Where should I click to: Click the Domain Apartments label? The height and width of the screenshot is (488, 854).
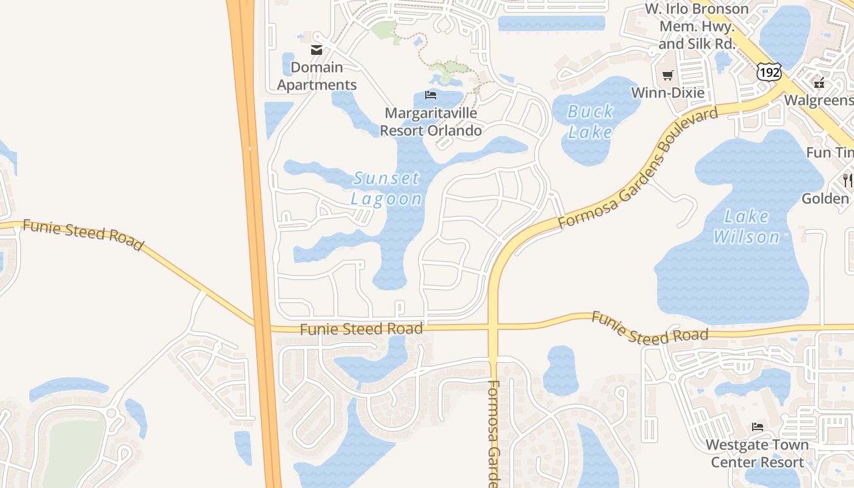pos(317,76)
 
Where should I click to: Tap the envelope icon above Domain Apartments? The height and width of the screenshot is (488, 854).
pos(317,50)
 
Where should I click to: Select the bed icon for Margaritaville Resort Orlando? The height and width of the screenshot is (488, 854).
pos(431,95)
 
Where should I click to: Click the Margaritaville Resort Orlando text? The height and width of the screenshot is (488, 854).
pos(431,122)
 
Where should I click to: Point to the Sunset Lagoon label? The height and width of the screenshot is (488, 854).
pos(387,188)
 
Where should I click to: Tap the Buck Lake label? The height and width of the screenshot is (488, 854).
pos(590,121)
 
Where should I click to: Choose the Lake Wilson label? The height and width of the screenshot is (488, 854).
pos(747,226)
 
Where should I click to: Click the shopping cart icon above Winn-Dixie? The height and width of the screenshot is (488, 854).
pos(667,76)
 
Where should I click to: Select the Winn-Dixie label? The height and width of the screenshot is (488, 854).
pos(667,93)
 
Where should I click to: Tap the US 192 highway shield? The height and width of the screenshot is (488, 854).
pos(769,72)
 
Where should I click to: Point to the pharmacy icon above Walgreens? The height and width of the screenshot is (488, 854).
pos(819,82)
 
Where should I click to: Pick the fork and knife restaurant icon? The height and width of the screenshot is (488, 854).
pos(847,180)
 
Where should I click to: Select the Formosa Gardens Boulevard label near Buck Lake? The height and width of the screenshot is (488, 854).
pos(638,168)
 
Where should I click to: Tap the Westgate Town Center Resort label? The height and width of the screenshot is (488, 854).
pos(757,453)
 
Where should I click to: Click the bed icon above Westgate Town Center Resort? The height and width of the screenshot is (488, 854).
pos(758,426)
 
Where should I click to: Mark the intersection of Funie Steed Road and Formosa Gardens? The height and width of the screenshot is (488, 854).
pos(493,329)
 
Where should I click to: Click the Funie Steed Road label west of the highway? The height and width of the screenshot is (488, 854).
pos(83,235)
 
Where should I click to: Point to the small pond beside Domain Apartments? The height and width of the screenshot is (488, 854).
pos(288,64)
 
